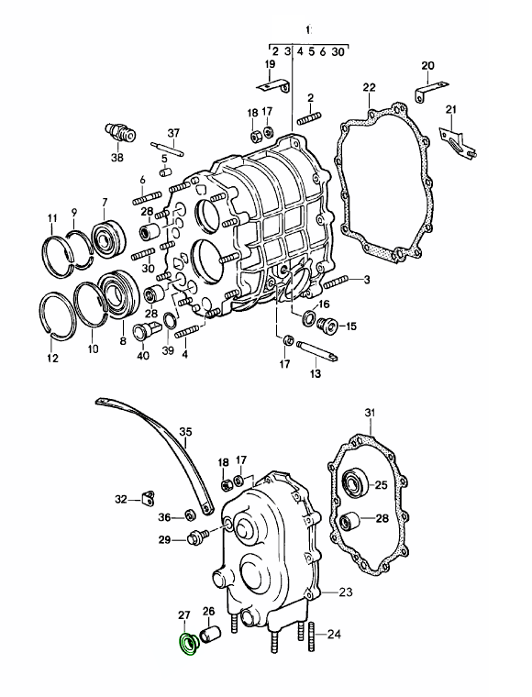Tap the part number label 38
point(117,158)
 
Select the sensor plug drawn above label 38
point(120,131)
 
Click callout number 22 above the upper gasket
point(369,87)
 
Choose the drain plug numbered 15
point(327,326)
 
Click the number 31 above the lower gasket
point(371,413)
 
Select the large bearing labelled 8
point(118,293)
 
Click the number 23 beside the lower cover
point(345,592)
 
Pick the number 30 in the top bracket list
point(338,52)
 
